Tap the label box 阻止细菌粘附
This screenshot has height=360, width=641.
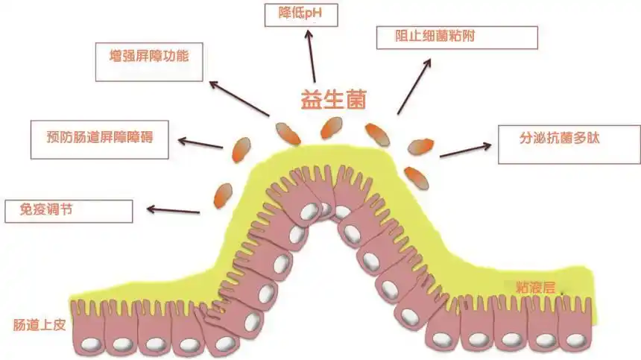click(x=456, y=37)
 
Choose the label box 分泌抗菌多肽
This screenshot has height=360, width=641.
click(x=569, y=142)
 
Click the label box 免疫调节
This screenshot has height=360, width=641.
click(x=68, y=211)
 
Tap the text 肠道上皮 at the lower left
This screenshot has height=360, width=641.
click(x=34, y=325)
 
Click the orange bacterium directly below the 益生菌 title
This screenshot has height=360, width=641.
click(x=331, y=128)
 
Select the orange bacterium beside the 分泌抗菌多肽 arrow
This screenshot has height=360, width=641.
click(x=422, y=146)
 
